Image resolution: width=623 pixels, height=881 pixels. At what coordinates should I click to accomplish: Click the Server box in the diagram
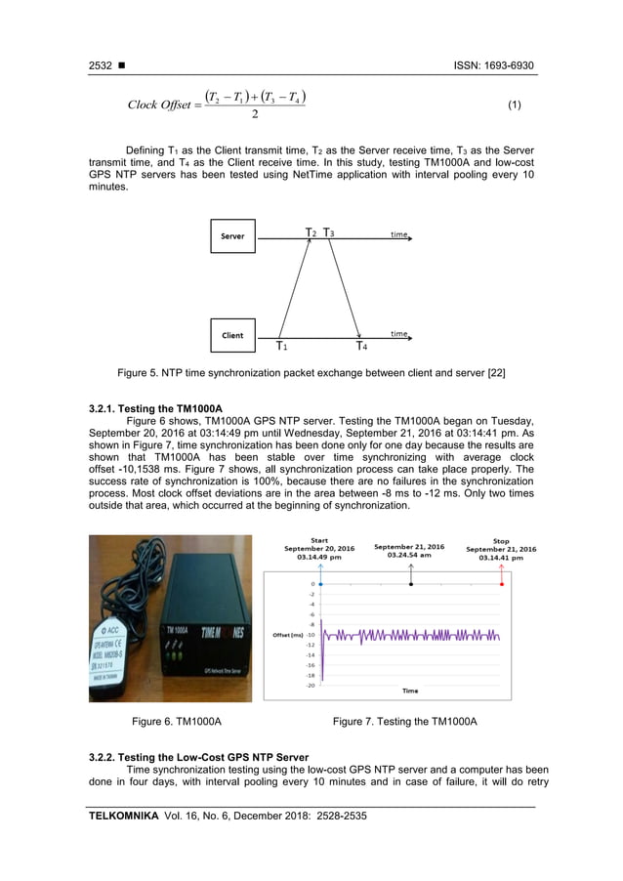coord(232,236)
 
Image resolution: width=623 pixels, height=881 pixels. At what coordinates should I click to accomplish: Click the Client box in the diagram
coord(232,335)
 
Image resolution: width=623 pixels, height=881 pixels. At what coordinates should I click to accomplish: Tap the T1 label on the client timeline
coord(280,347)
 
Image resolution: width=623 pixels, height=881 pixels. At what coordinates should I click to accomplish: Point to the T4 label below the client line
coord(361,347)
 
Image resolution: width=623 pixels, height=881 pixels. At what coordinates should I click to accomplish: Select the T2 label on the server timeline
coord(311,233)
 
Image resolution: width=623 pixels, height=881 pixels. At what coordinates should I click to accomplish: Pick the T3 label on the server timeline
coord(330,233)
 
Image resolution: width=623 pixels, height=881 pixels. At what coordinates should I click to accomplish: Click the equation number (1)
coord(516,105)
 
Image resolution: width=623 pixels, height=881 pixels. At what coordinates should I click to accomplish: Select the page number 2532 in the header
coord(101,65)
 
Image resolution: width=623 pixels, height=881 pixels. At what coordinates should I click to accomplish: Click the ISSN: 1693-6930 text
coord(494,65)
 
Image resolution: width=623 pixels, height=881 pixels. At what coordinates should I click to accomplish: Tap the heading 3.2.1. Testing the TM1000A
coord(155,407)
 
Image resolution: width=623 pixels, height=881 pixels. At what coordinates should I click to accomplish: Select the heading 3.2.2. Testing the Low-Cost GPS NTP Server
coord(198,757)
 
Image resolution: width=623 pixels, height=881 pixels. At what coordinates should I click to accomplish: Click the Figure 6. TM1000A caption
coord(169,722)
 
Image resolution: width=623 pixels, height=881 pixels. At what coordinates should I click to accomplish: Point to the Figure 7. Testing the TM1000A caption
coord(404,722)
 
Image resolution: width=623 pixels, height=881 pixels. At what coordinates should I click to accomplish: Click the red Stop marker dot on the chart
coord(502,584)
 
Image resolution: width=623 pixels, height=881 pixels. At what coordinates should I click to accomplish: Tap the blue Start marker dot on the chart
coord(321,584)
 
